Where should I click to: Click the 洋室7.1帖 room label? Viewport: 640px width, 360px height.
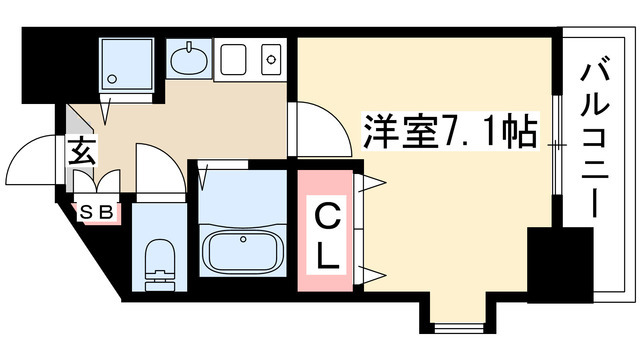pyautogui.click(x=449, y=131)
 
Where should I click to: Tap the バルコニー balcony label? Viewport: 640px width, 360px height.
pyautogui.click(x=594, y=140)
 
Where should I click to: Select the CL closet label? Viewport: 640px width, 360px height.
pyautogui.click(x=328, y=237)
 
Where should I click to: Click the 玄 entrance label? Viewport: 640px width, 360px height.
pyautogui.click(x=82, y=152)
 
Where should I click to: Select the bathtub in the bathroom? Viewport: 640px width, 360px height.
pyautogui.click(x=243, y=251)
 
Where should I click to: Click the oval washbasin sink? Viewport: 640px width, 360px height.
pyautogui.click(x=189, y=60)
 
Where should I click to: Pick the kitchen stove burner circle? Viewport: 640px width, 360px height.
pyautogui.click(x=271, y=60)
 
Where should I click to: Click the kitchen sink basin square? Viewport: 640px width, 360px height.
pyautogui.click(x=233, y=60)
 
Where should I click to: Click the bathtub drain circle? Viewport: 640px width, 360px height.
pyautogui.click(x=243, y=239)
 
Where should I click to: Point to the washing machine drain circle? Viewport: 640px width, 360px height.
pyautogui.click(x=112, y=78)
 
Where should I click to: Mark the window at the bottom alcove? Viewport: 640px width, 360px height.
pyautogui.click(x=458, y=328)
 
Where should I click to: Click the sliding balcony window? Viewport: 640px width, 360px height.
pyautogui.click(x=557, y=145)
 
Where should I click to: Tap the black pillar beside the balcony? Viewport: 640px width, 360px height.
pyautogui.click(x=560, y=265)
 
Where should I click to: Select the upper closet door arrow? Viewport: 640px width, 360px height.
pyautogui.click(x=371, y=182)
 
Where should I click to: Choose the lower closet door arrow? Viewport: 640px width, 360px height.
pyautogui.click(x=371, y=274)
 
